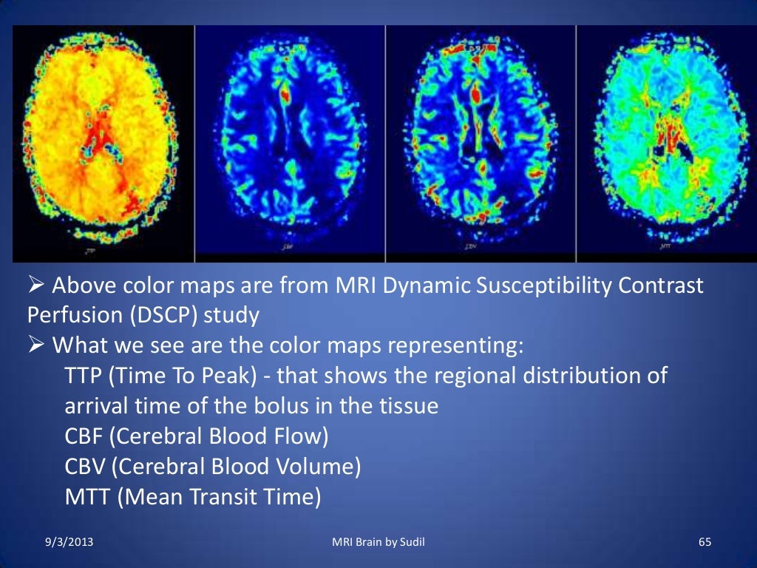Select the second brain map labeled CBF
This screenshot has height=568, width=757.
point(290,141)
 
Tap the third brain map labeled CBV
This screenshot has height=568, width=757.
point(481,141)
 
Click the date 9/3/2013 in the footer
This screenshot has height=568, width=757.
point(67,544)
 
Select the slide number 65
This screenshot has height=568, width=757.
point(705,544)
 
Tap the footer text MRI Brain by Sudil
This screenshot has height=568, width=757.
point(378,544)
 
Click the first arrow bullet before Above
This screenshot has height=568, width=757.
point(36,286)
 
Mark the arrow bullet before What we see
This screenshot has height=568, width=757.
point(36,346)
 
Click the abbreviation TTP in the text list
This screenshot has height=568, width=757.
point(84,376)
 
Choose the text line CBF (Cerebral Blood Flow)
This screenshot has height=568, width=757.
point(197,436)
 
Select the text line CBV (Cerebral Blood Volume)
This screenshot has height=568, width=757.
point(213,467)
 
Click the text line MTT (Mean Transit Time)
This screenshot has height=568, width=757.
point(193,497)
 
